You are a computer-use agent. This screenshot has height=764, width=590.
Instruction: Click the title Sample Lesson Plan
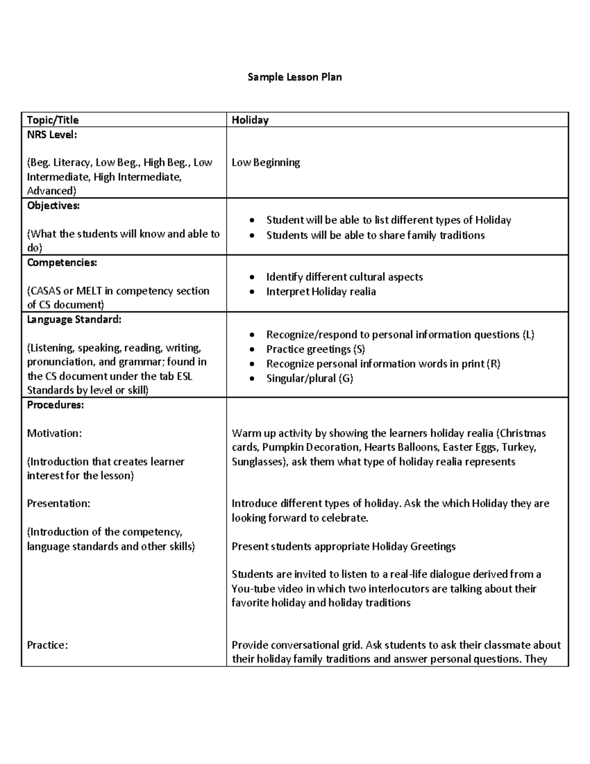click(x=295, y=77)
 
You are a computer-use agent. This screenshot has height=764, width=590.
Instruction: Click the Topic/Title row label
click(x=53, y=120)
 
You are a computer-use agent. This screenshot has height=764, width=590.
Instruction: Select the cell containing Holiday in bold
click(x=250, y=120)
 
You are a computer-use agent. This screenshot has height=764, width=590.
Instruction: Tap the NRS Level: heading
click(x=52, y=134)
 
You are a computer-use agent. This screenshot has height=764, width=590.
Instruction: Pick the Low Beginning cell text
click(x=265, y=162)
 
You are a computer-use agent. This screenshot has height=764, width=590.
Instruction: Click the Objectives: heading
click(x=53, y=206)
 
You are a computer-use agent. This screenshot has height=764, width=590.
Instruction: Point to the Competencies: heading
click(x=62, y=262)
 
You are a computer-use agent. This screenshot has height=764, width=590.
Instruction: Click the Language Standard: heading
click(x=74, y=319)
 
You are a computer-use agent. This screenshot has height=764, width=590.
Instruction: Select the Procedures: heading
click(x=55, y=405)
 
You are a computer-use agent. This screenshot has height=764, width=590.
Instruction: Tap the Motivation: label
click(x=54, y=433)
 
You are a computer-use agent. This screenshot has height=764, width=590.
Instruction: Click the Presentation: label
click(x=59, y=503)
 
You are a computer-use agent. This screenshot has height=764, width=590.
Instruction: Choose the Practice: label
click(x=47, y=645)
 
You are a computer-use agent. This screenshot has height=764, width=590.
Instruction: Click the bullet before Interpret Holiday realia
click(x=252, y=292)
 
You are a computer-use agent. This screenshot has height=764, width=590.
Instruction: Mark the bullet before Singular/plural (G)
click(x=252, y=378)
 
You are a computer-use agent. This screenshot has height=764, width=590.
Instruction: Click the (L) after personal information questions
click(x=528, y=335)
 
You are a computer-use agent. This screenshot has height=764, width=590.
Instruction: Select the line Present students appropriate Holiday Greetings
click(x=343, y=546)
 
